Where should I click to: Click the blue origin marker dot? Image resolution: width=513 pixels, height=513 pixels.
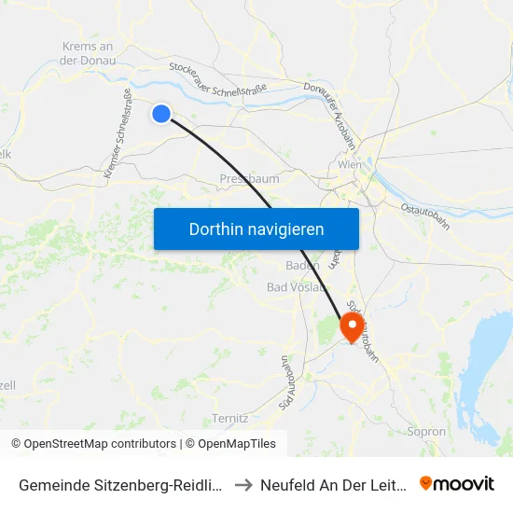pyautogui.click(x=161, y=114)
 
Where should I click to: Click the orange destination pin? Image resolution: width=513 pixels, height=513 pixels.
pyautogui.click(x=352, y=326)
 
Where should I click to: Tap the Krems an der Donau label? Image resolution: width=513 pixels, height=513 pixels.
pyautogui.click(x=87, y=53)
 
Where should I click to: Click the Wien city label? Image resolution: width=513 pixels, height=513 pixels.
pyautogui.click(x=350, y=164)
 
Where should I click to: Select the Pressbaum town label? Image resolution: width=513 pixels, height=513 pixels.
pyautogui.click(x=249, y=178)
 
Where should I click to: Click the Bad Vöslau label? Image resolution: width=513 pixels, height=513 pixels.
pyautogui.click(x=297, y=286)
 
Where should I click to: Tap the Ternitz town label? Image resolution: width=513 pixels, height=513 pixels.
pyautogui.click(x=229, y=418)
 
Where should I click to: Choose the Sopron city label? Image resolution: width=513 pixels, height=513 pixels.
pyautogui.click(x=427, y=432)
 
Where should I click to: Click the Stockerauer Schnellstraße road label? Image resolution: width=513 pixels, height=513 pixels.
pyautogui.click(x=218, y=79)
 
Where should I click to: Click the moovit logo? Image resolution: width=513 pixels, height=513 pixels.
pyautogui.click(x=457, y=483)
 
